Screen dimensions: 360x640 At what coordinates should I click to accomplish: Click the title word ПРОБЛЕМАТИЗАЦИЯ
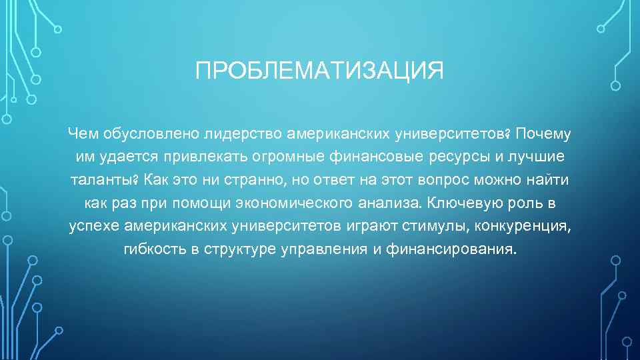tap(319, 70)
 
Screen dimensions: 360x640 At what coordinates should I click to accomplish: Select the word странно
tap(257, 181)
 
